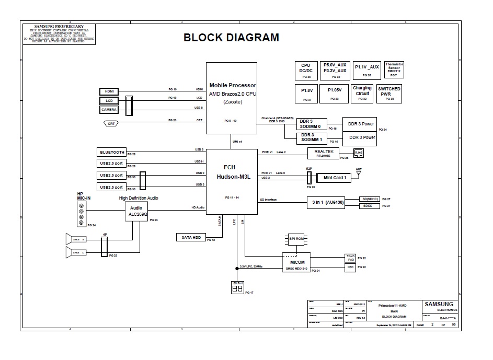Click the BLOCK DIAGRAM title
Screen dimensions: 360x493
click(231, 38)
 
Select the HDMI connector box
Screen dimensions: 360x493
click(109, 91)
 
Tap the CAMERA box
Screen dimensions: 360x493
click(109, 110)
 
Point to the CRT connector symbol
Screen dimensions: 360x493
click(111, 123)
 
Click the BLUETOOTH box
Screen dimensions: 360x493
click(112, 152)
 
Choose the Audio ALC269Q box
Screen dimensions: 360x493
click(137, 211)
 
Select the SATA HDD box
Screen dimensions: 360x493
click(191, 237)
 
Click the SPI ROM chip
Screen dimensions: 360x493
click(296, 239)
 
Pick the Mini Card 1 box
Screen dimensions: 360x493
click(335, 178)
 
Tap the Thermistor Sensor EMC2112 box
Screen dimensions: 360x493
click(394, 70)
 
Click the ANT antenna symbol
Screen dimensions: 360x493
click(359, 171)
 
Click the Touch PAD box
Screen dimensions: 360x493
click(350, 258)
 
